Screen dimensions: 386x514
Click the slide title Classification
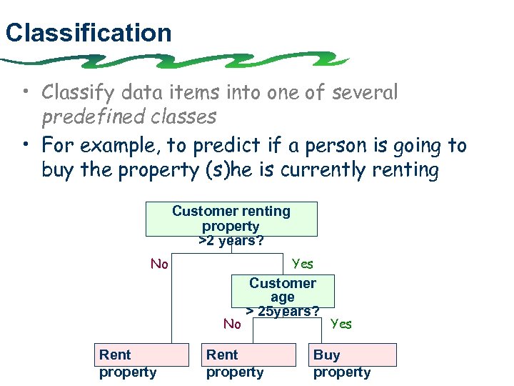tap(88, 33)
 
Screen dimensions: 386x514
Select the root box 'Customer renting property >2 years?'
tap(231, 219)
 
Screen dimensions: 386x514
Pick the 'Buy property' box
tap(354, 355)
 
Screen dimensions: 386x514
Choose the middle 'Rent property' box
tap(248, 355)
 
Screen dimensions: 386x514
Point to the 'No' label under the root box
tap(159, 264)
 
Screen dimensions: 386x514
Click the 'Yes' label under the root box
tap(303, 264)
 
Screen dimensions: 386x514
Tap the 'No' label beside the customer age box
tap(232, 325)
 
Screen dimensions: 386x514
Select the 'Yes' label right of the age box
tap(341, 325)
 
